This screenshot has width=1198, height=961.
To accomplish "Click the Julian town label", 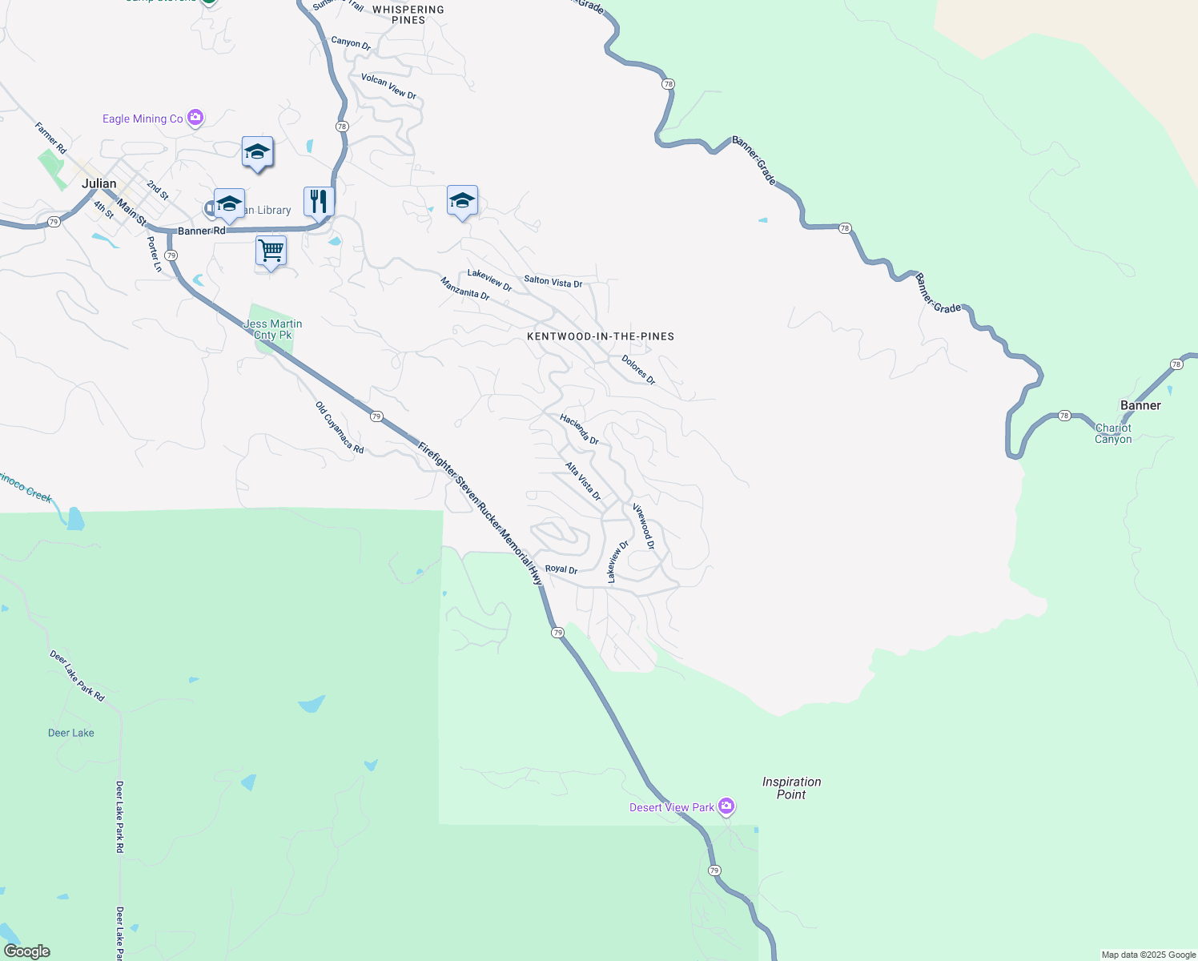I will pyautogui.click(x=98, y=183).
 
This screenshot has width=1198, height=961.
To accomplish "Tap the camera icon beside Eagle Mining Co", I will pyautogui.click(x=195, y=119).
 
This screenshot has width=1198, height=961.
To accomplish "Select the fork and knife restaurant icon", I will pyautogui.click(x=319, y=202).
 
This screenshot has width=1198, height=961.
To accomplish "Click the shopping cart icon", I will pyautogui.click(x=271, y=251).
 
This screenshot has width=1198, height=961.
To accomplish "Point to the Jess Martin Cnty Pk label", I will pyautogui.click(x=273, y=329).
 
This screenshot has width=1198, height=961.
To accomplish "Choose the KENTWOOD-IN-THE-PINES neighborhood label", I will pyautogui.click(x=601, y=336).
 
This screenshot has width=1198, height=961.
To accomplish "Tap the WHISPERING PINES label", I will pyautogui.click(x=408, y=14).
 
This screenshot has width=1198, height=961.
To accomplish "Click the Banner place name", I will pyautogui.click(x=1140, y=405).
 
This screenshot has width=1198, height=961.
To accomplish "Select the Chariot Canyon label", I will pyautogui.click(x=1113, y=433).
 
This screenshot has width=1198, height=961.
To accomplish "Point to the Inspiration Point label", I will pyautogui.click(x=791, y=788).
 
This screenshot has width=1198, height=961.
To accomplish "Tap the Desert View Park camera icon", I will pyautogui.click(x=726, y=806).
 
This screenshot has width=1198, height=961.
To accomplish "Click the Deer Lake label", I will pyautogui.click(x=71, y=733).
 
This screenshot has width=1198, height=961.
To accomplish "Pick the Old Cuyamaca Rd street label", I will pyautogui.click(x=340, y=428).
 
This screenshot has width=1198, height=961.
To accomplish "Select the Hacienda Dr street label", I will pyautogui.click(x=579, y=428).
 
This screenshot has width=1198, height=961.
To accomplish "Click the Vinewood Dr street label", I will pyautogui.click(x=644, y=526).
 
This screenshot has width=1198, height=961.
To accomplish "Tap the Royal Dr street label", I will pyautogui.click(x=561, y=569).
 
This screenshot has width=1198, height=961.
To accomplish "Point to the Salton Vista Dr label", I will pyautogui.click(x=553, y=281).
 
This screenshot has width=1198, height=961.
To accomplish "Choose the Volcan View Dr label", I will pyautogui.click(x=388, y=86).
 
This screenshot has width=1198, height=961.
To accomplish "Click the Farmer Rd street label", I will pyautogui.click(x=50, y=137).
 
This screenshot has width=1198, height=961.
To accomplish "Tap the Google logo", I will pyautogui.click(x=27, y=951).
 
